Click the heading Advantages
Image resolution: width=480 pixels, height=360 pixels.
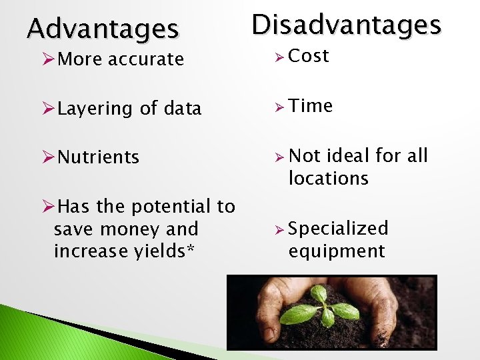coord(103,29)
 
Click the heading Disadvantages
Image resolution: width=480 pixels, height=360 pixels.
coord(346,25)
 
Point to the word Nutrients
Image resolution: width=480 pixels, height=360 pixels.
coord(98,157)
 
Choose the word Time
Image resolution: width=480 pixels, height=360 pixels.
coord(311,106)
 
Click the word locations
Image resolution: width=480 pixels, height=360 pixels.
coord(328,179)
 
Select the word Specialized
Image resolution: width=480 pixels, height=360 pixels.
coord(338,229)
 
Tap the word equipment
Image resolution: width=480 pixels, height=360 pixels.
coord(337,251)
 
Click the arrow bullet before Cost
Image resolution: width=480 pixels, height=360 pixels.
coord(279,57)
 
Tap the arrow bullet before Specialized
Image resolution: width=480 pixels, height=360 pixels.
coord(279,230)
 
